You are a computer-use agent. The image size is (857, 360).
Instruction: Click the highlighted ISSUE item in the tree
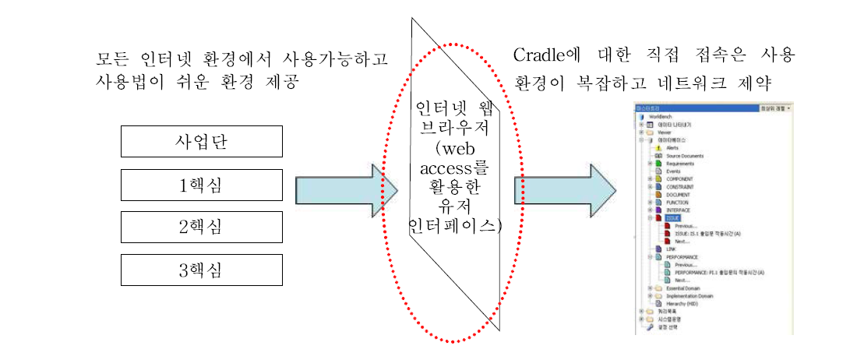pyautogui.click(x=672, y=218)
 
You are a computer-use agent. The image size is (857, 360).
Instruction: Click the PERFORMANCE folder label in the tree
pyautogui.click(x=682, y=256)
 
